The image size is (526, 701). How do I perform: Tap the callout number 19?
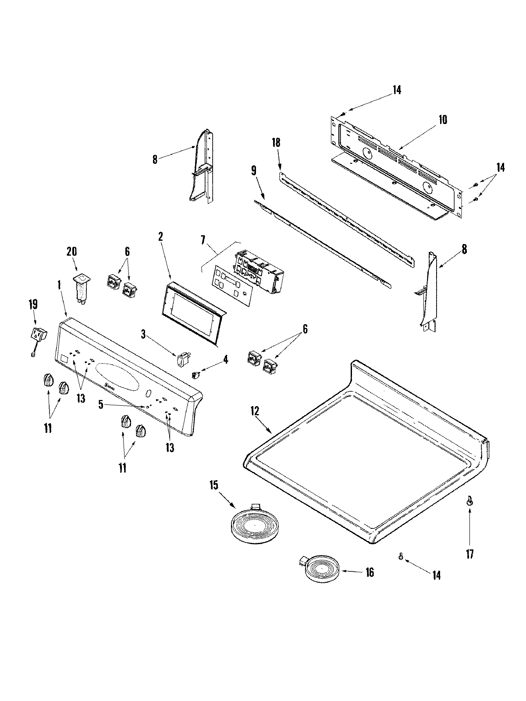[33, 304]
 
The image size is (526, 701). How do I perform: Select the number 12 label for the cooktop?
[255, 411]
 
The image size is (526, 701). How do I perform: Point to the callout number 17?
[469, 554]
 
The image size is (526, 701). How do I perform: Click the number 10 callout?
[443, 120]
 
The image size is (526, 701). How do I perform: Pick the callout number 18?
[276, 142]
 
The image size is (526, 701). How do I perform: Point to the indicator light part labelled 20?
[80, 286]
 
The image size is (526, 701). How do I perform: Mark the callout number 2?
[160, 237]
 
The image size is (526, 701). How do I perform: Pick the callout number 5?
[101, 405]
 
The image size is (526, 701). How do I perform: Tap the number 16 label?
[370, 572]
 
